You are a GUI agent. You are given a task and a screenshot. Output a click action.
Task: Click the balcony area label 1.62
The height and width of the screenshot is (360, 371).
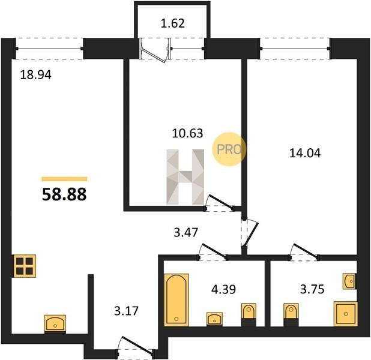(x=172, y=23)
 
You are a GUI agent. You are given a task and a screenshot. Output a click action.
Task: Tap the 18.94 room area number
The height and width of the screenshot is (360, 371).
(x=36, y=75)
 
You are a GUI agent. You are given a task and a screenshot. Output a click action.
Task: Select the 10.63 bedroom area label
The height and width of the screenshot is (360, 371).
(x=187, y=133)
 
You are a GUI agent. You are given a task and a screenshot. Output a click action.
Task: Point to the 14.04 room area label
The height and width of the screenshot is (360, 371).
(x=305, y=153)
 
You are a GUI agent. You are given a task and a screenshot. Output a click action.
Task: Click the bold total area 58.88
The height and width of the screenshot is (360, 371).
(x=64, y=194)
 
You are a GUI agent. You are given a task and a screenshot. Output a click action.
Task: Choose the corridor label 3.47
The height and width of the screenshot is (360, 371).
(x=185, y=232)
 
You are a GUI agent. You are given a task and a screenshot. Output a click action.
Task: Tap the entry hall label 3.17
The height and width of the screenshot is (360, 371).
(x=126, y=311)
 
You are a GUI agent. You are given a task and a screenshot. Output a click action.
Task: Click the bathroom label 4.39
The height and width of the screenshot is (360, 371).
(x=223, y=289)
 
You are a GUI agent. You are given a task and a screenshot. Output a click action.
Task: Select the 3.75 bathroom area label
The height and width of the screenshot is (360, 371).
(x=312, y=289)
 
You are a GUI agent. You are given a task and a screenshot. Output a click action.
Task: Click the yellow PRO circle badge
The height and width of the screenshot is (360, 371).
(x=229, y=149)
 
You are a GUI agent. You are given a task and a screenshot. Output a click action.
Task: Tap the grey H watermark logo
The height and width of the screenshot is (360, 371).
(x=185, y=177)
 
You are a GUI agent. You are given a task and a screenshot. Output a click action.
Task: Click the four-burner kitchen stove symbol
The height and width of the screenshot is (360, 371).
(x=25, y=266)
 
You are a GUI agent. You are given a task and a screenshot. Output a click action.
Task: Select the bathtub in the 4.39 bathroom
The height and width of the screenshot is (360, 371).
(x=176, y=300)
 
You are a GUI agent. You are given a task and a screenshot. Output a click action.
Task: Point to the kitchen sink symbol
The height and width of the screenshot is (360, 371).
(x=55, y=324)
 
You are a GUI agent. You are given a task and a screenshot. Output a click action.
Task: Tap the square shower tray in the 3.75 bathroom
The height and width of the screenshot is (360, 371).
(x=346, y=314)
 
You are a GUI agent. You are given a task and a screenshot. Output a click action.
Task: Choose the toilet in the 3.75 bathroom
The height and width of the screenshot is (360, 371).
(x=291, y=314)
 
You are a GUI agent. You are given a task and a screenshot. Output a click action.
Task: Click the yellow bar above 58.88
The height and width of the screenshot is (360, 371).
(x=64, y=179)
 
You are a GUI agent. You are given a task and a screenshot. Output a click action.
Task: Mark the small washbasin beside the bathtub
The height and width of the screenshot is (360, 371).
(x=214, y=319)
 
